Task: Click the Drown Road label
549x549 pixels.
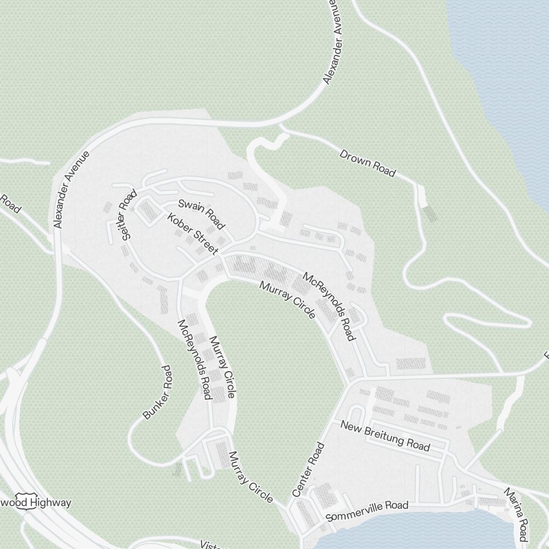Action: click(367, 163)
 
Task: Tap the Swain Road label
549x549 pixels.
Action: click(201, 214)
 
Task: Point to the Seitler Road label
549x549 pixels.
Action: click(127, 215)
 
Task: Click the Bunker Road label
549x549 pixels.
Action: click(158, 393)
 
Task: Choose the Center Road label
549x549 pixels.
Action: click(309, 470)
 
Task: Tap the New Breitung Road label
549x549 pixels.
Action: click(385, 435)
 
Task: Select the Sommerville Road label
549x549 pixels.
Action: click(367, 511)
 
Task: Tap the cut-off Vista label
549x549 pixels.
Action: click(210, 545)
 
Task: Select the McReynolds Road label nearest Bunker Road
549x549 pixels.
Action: click(195, 360)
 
